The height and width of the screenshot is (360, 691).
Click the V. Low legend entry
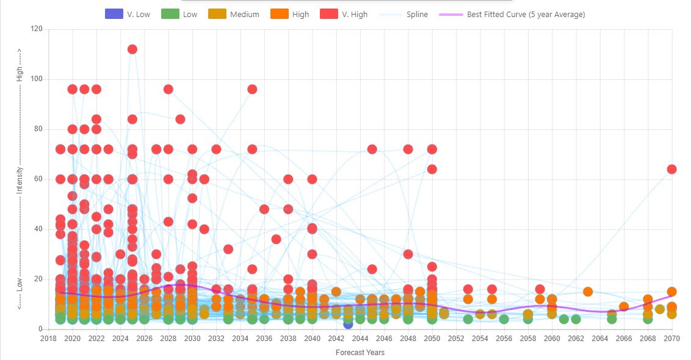(128, 14)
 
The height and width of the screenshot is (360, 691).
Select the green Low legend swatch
(170, 14)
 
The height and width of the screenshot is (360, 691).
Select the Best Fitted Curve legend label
(526, 14)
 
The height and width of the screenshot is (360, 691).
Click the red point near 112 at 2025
(132, 49)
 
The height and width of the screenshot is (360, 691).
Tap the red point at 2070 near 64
(671, 169)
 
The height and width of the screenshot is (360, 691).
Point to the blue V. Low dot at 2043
(348, 324)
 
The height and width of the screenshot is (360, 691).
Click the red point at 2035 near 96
(252, 89)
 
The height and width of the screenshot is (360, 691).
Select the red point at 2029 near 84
(180, 119)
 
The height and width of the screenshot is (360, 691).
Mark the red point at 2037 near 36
(276, 239)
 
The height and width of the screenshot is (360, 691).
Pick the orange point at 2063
(588, 292)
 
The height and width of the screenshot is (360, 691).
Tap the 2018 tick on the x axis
(48, 337)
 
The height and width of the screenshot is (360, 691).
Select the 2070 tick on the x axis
(671, 337)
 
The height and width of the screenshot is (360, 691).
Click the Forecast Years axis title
(360, 352)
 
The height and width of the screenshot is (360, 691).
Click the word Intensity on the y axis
(20, 179)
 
